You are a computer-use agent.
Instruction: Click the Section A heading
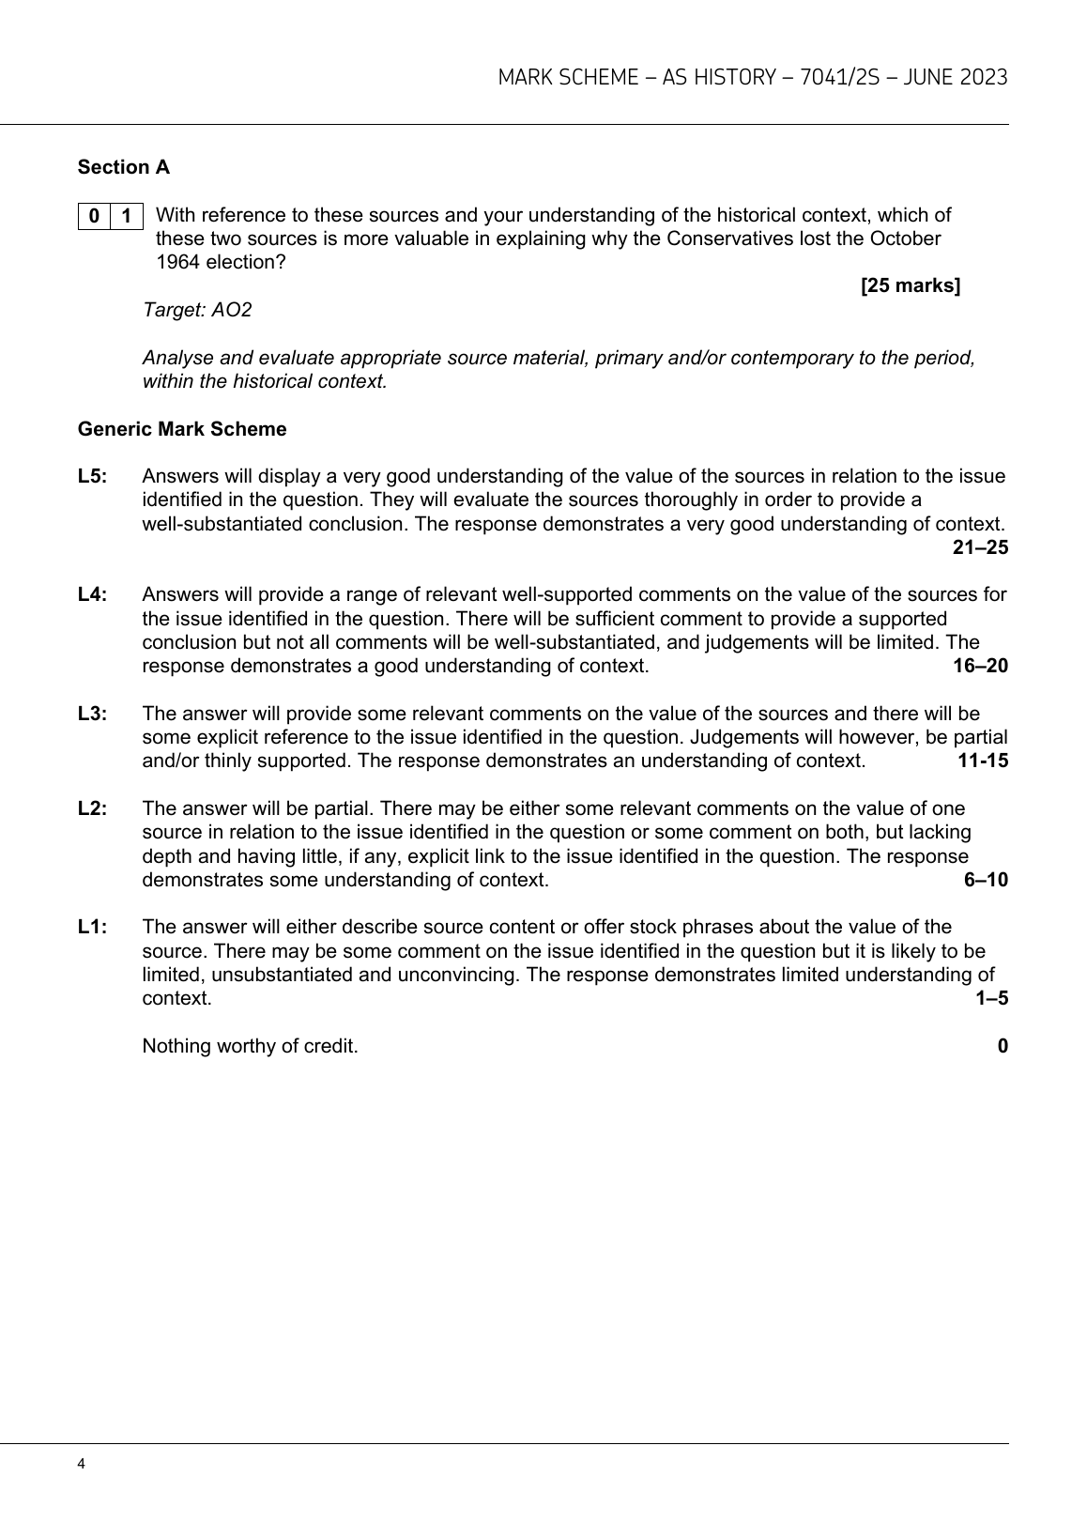[124, 167]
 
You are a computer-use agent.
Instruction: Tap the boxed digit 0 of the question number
[94, 216]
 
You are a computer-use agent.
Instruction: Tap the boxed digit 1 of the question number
[127, 216]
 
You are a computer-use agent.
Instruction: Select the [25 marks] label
[910, 285]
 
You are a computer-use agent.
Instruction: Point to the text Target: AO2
[197, 310]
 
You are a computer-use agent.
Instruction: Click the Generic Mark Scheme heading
[182, 429]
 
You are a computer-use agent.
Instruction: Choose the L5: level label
[93, 476]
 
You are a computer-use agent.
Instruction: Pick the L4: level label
[93, 594]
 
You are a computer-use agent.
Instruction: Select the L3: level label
[93, 714]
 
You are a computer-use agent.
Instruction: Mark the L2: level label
[93, 808]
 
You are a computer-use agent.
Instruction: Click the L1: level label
[93, 927]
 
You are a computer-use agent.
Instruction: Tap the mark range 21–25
[980, 547]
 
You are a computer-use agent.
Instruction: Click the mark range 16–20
[980, 666]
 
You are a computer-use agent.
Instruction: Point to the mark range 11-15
[982, 761]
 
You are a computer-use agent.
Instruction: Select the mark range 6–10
[986, 880]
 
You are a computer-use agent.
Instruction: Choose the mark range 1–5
[991, 998]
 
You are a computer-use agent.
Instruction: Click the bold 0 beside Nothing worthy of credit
[1003, 1046]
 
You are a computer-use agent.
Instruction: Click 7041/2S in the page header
[840, 77]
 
